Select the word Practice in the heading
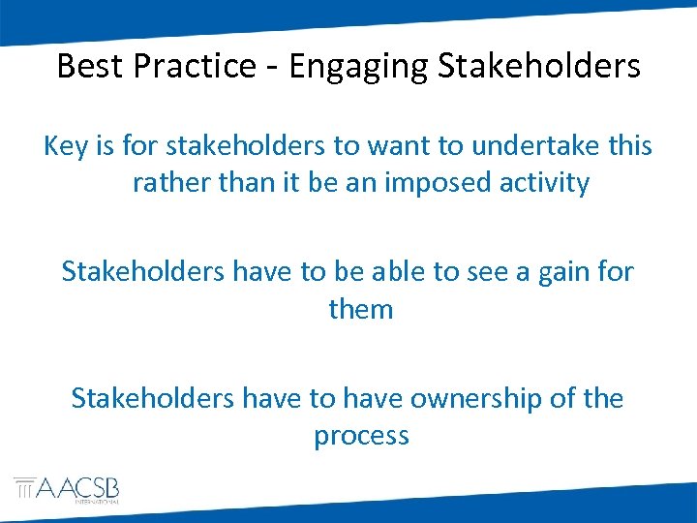coord(186,66)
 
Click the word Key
coord(66,146)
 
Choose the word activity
coord(548,183)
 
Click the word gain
coord(561,272)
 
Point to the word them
coord(361,309)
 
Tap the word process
coord(361,435)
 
